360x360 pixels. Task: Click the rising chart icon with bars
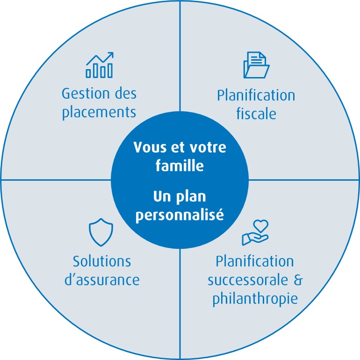100,65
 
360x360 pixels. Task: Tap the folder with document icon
256,65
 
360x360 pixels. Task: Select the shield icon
101,232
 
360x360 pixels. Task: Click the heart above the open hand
260,226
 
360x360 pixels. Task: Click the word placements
99,112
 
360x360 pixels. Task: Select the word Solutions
102,261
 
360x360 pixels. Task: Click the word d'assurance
102,280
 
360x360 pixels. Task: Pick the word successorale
248,280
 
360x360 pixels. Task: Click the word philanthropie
255,299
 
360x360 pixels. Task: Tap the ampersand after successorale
298,280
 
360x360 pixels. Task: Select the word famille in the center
180,165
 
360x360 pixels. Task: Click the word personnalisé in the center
180,215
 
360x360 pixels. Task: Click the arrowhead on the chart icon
110,55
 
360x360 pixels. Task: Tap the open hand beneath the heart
255,239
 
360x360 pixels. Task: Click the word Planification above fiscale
256,95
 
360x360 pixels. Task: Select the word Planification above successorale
255,261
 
